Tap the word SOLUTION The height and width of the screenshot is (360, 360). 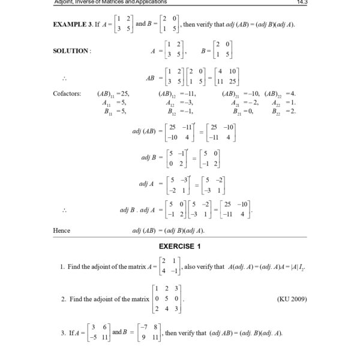71,51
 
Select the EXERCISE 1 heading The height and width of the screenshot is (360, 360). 179,246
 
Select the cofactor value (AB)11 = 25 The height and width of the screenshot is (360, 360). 113,94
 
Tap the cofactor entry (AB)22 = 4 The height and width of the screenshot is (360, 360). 283,94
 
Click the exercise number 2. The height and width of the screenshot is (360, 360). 63,298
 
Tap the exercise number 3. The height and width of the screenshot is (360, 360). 63,333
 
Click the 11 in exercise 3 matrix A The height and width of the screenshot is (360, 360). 104,338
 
